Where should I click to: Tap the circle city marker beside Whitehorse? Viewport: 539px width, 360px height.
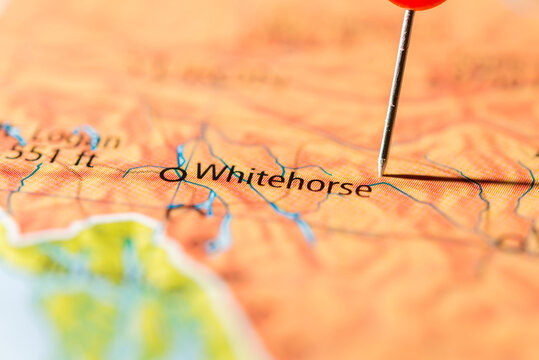[x=173, y=174]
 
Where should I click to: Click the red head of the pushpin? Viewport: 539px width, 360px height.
[x=417, y=3]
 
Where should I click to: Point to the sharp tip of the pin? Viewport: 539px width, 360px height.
[x=381, y=171]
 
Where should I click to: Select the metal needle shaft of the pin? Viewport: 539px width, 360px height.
[x=395, y=90]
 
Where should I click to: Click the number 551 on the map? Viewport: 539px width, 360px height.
[x=30, y=155]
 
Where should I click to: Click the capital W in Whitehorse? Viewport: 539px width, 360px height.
[x=207, y=172]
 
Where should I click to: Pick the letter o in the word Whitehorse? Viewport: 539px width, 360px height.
[x=314, y=183]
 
